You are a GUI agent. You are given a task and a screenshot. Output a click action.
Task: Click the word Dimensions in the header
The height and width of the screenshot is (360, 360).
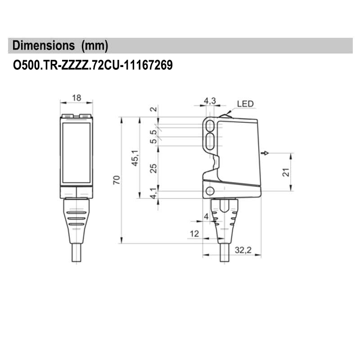[44, 45]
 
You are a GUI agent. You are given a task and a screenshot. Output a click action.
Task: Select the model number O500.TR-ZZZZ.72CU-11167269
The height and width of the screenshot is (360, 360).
[93, 65]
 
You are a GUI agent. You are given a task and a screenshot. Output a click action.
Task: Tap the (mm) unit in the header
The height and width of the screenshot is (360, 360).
[94, 46]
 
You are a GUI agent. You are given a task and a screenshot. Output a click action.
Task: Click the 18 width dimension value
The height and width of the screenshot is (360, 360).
[76, 98]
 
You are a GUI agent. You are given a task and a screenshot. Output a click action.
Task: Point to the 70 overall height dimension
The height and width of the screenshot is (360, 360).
[117, 180]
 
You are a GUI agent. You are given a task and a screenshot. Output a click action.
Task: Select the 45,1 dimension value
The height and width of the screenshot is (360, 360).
[135, 158]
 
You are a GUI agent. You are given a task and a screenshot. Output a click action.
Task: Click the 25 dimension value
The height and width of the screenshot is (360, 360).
[153, 168]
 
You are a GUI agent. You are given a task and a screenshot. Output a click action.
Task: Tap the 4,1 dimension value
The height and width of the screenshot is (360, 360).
[153, 193]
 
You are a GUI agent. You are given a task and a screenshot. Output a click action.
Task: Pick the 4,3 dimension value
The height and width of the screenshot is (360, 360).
[210, 100]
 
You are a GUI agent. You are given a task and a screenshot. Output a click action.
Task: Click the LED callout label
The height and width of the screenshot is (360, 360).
[245, 104]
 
